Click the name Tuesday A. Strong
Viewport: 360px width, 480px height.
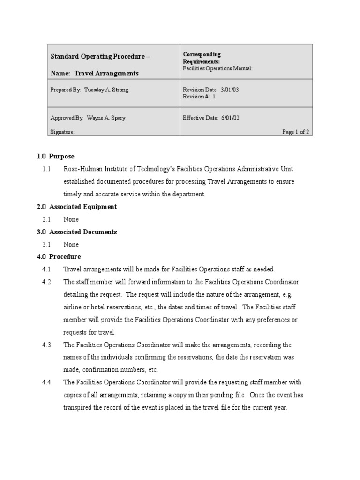point(106,90)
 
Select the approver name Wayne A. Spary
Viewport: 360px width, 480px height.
point(106,118)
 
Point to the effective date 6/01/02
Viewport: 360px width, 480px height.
point(230,118)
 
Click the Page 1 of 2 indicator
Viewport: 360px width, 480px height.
point(295,132)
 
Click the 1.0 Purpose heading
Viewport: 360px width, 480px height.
point(55,157)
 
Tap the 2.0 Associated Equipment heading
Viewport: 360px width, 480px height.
point(77,207)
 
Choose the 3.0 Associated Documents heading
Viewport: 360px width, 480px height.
point(77,232)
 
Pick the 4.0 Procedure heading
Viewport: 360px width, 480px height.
point(59,257)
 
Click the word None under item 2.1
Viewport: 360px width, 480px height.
point(71,219)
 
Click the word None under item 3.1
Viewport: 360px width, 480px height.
point(71,245)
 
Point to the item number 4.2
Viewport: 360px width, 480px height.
point(46,282)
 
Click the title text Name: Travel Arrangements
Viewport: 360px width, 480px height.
point(94,74)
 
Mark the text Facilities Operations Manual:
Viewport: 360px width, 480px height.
point(217,68)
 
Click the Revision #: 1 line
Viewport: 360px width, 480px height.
point(199,97)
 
